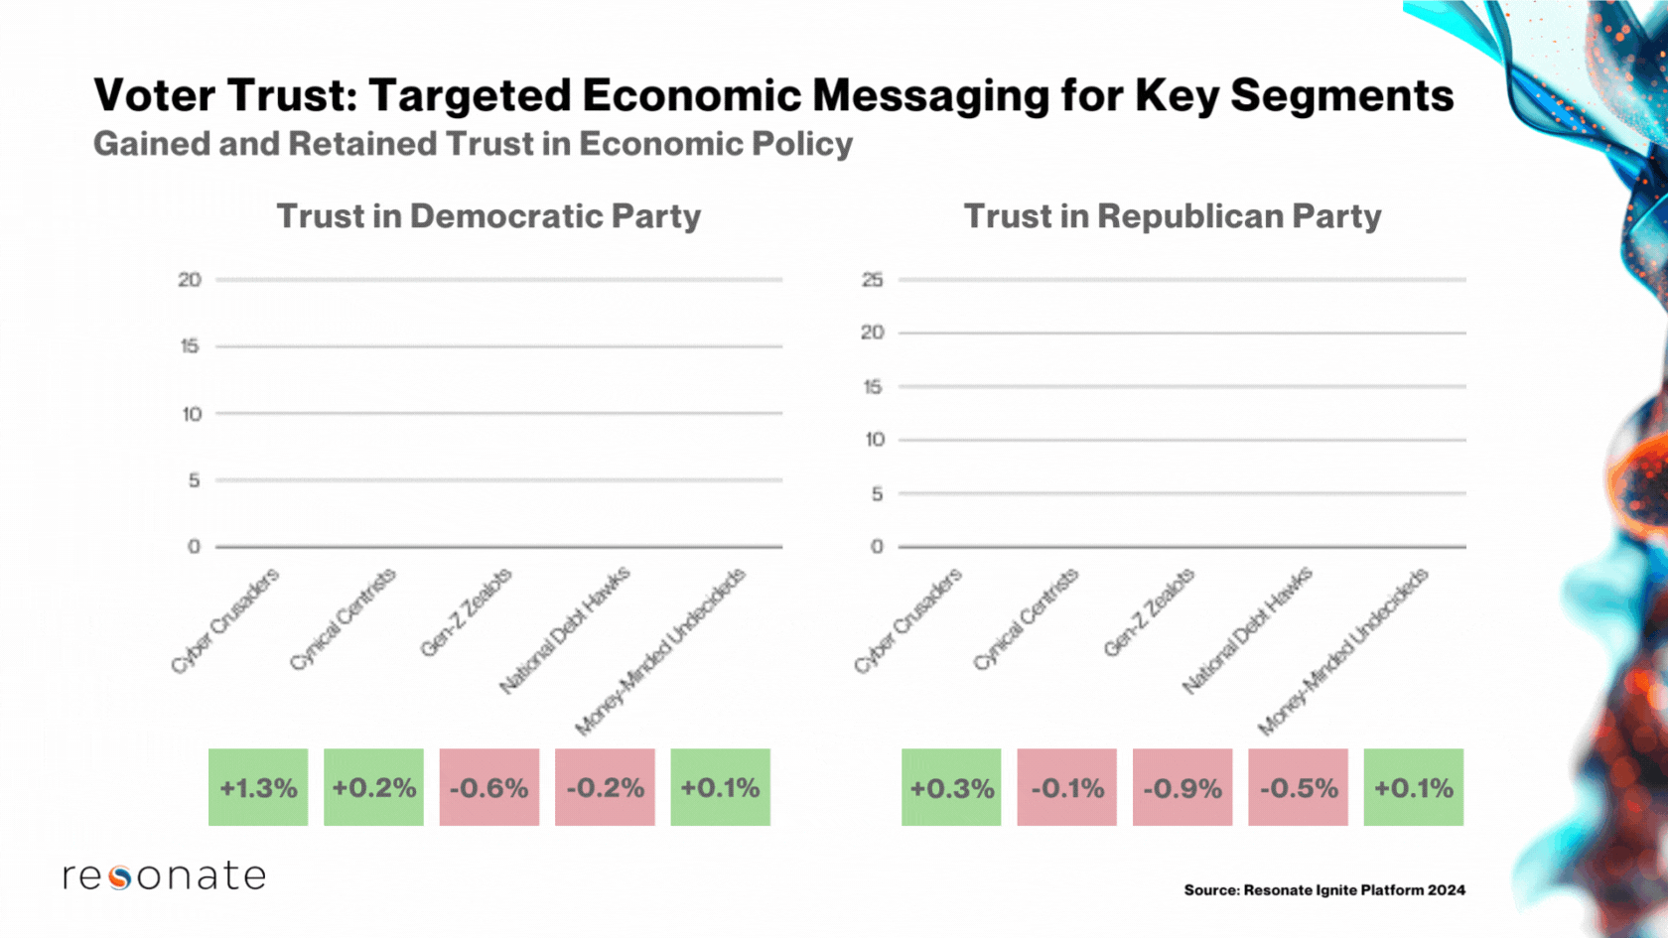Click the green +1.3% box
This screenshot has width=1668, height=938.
pyautogui.click(x=258, y=787)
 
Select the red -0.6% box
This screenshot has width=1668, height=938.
pyautogui.click(x=489, y=787)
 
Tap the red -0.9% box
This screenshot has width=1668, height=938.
pyautogui.click(x=1182, y=788)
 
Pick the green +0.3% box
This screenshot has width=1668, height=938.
pyautogui.click(x=951, y=788)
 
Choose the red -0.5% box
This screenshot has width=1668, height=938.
pyautogui.click(x=1299, y=788)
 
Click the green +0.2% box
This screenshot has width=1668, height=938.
pyautogui.click(x=373, y=787)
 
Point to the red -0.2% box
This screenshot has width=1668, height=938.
pyautogui.click(x=605, y=787)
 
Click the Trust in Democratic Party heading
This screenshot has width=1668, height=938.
pyautogui.click(x=488, y=216)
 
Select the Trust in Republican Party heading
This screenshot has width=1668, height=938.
pyautogui.click(x=1173, y=216)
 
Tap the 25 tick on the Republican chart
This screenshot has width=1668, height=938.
pyautogui.click(x=873, y=280)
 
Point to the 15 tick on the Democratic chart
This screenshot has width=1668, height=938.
pyautogui.click(x=190, y=346)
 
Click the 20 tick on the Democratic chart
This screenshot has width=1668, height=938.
pyautogui.click(x=190, y=280)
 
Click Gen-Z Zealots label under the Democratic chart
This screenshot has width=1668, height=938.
pyautogui.click(x=466, y=612)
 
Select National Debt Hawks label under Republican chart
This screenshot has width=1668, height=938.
pyautogui.click(x=1247, y=629)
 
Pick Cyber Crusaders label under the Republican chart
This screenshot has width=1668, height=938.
pyautogui.click(x=907, y=620)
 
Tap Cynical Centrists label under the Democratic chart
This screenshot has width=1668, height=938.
pyautogui.click(x=343, y=619)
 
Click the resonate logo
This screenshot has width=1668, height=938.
pyautogui.click(x=165, y=875)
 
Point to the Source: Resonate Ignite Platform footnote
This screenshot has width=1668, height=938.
pyautogui.click(x=1324, y=890)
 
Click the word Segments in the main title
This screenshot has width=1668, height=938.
pyautogui.click(x=1342, y=96)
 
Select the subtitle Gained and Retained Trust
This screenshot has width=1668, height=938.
pyautogui.click(x=473, y=144)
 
